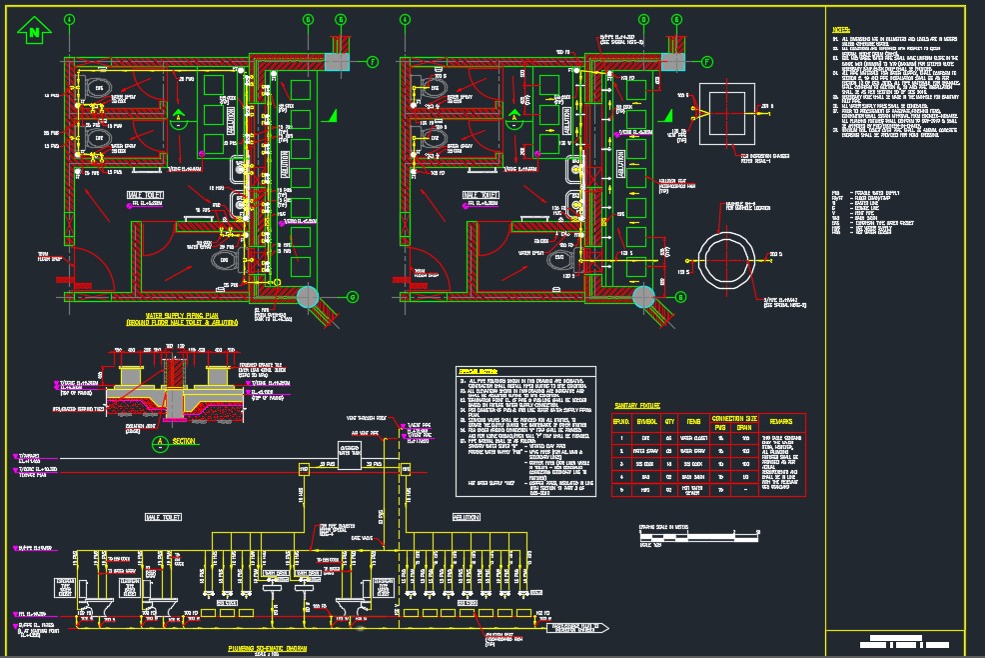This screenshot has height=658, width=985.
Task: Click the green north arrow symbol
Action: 36,32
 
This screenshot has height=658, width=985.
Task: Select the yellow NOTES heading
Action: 841,30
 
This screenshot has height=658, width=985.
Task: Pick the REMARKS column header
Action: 780,422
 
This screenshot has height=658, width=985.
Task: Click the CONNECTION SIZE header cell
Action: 734,417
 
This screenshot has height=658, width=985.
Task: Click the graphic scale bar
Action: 688,538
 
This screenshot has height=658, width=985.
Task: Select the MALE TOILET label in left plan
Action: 146,195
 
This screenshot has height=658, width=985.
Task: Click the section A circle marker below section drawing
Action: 158,439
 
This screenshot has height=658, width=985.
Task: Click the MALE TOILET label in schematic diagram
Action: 162,517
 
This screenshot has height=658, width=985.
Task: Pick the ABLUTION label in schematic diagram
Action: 466,517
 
